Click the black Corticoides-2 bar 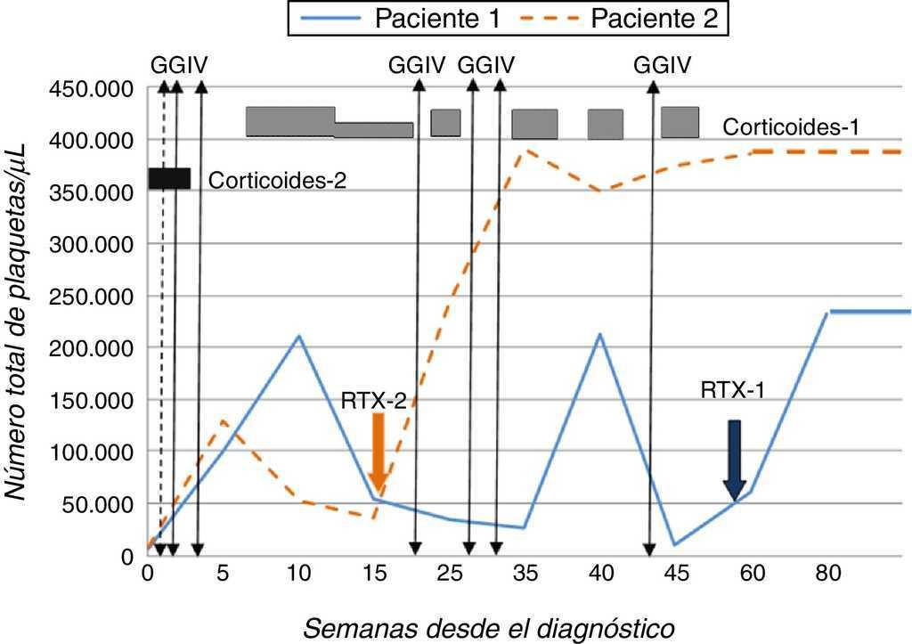169,178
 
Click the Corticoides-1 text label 791,127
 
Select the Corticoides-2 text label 277,180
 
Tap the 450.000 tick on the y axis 93,89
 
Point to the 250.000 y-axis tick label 93,297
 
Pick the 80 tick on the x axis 828,575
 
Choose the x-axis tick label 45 677,575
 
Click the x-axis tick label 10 298,575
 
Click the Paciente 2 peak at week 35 527,150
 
